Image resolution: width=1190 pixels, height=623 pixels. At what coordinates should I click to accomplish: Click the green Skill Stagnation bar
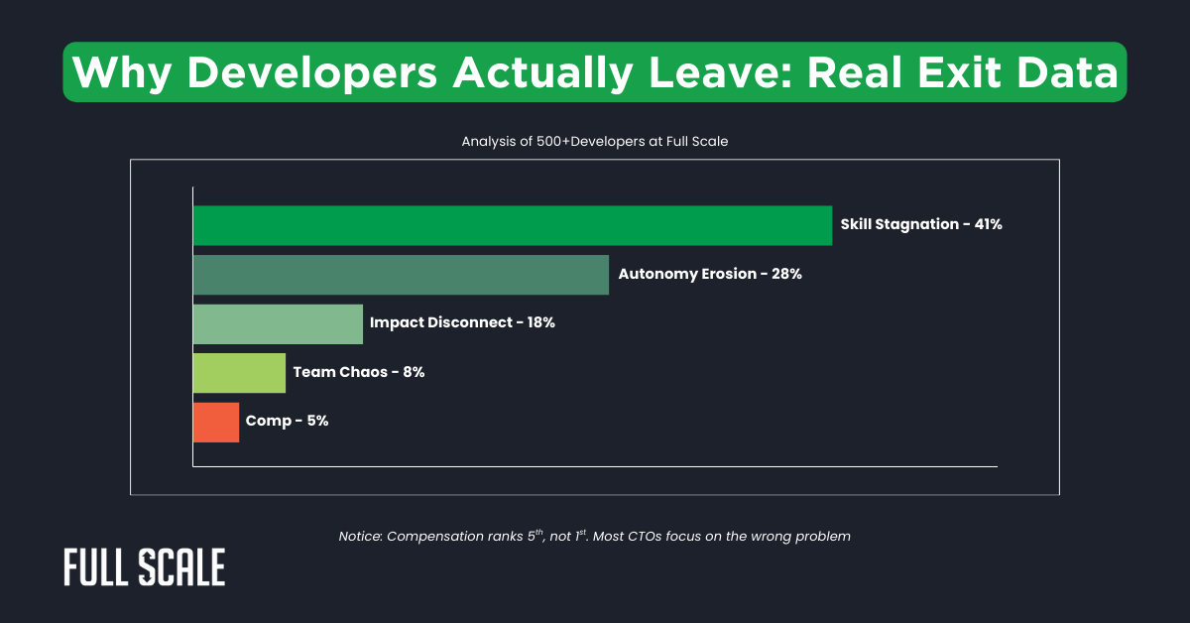[x=512, y=225]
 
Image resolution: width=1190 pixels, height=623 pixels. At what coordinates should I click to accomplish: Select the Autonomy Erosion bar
[x=401, y=275]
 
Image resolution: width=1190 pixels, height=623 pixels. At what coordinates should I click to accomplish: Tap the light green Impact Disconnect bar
[x=278, y=323]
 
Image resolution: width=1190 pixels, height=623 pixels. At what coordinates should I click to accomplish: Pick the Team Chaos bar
[x=239, y=373]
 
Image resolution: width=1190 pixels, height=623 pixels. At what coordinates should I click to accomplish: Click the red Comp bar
[x=216, y=422]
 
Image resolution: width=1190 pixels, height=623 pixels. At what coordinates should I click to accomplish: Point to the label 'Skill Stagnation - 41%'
[x=921, y=224]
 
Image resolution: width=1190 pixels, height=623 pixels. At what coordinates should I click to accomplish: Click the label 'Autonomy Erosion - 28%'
[x=709, y=274]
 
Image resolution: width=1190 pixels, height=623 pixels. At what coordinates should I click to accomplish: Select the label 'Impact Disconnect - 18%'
[x=462, y=323]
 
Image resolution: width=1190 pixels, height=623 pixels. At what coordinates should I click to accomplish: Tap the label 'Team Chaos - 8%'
[x=359, y=372]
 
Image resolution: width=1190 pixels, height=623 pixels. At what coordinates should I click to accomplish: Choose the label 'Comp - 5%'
[x=288, y=421]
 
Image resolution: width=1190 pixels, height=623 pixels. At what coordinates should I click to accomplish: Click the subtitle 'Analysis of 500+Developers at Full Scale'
[x=595, y=142]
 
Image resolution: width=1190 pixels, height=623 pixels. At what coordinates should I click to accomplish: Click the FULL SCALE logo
[x=144, y=566]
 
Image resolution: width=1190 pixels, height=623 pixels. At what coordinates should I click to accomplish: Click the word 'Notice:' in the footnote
[x=360, y=537]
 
